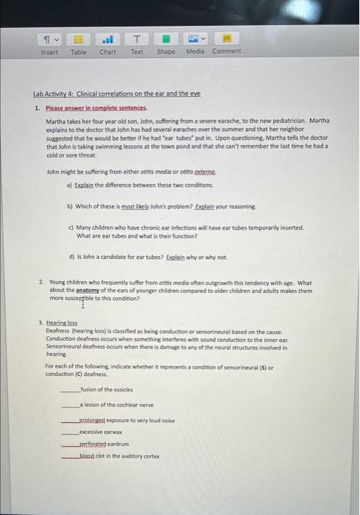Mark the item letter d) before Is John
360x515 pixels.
[x=71, y=257]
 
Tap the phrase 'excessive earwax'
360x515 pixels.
[x=100, y=433]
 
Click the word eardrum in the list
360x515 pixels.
[x=121, y=444]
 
